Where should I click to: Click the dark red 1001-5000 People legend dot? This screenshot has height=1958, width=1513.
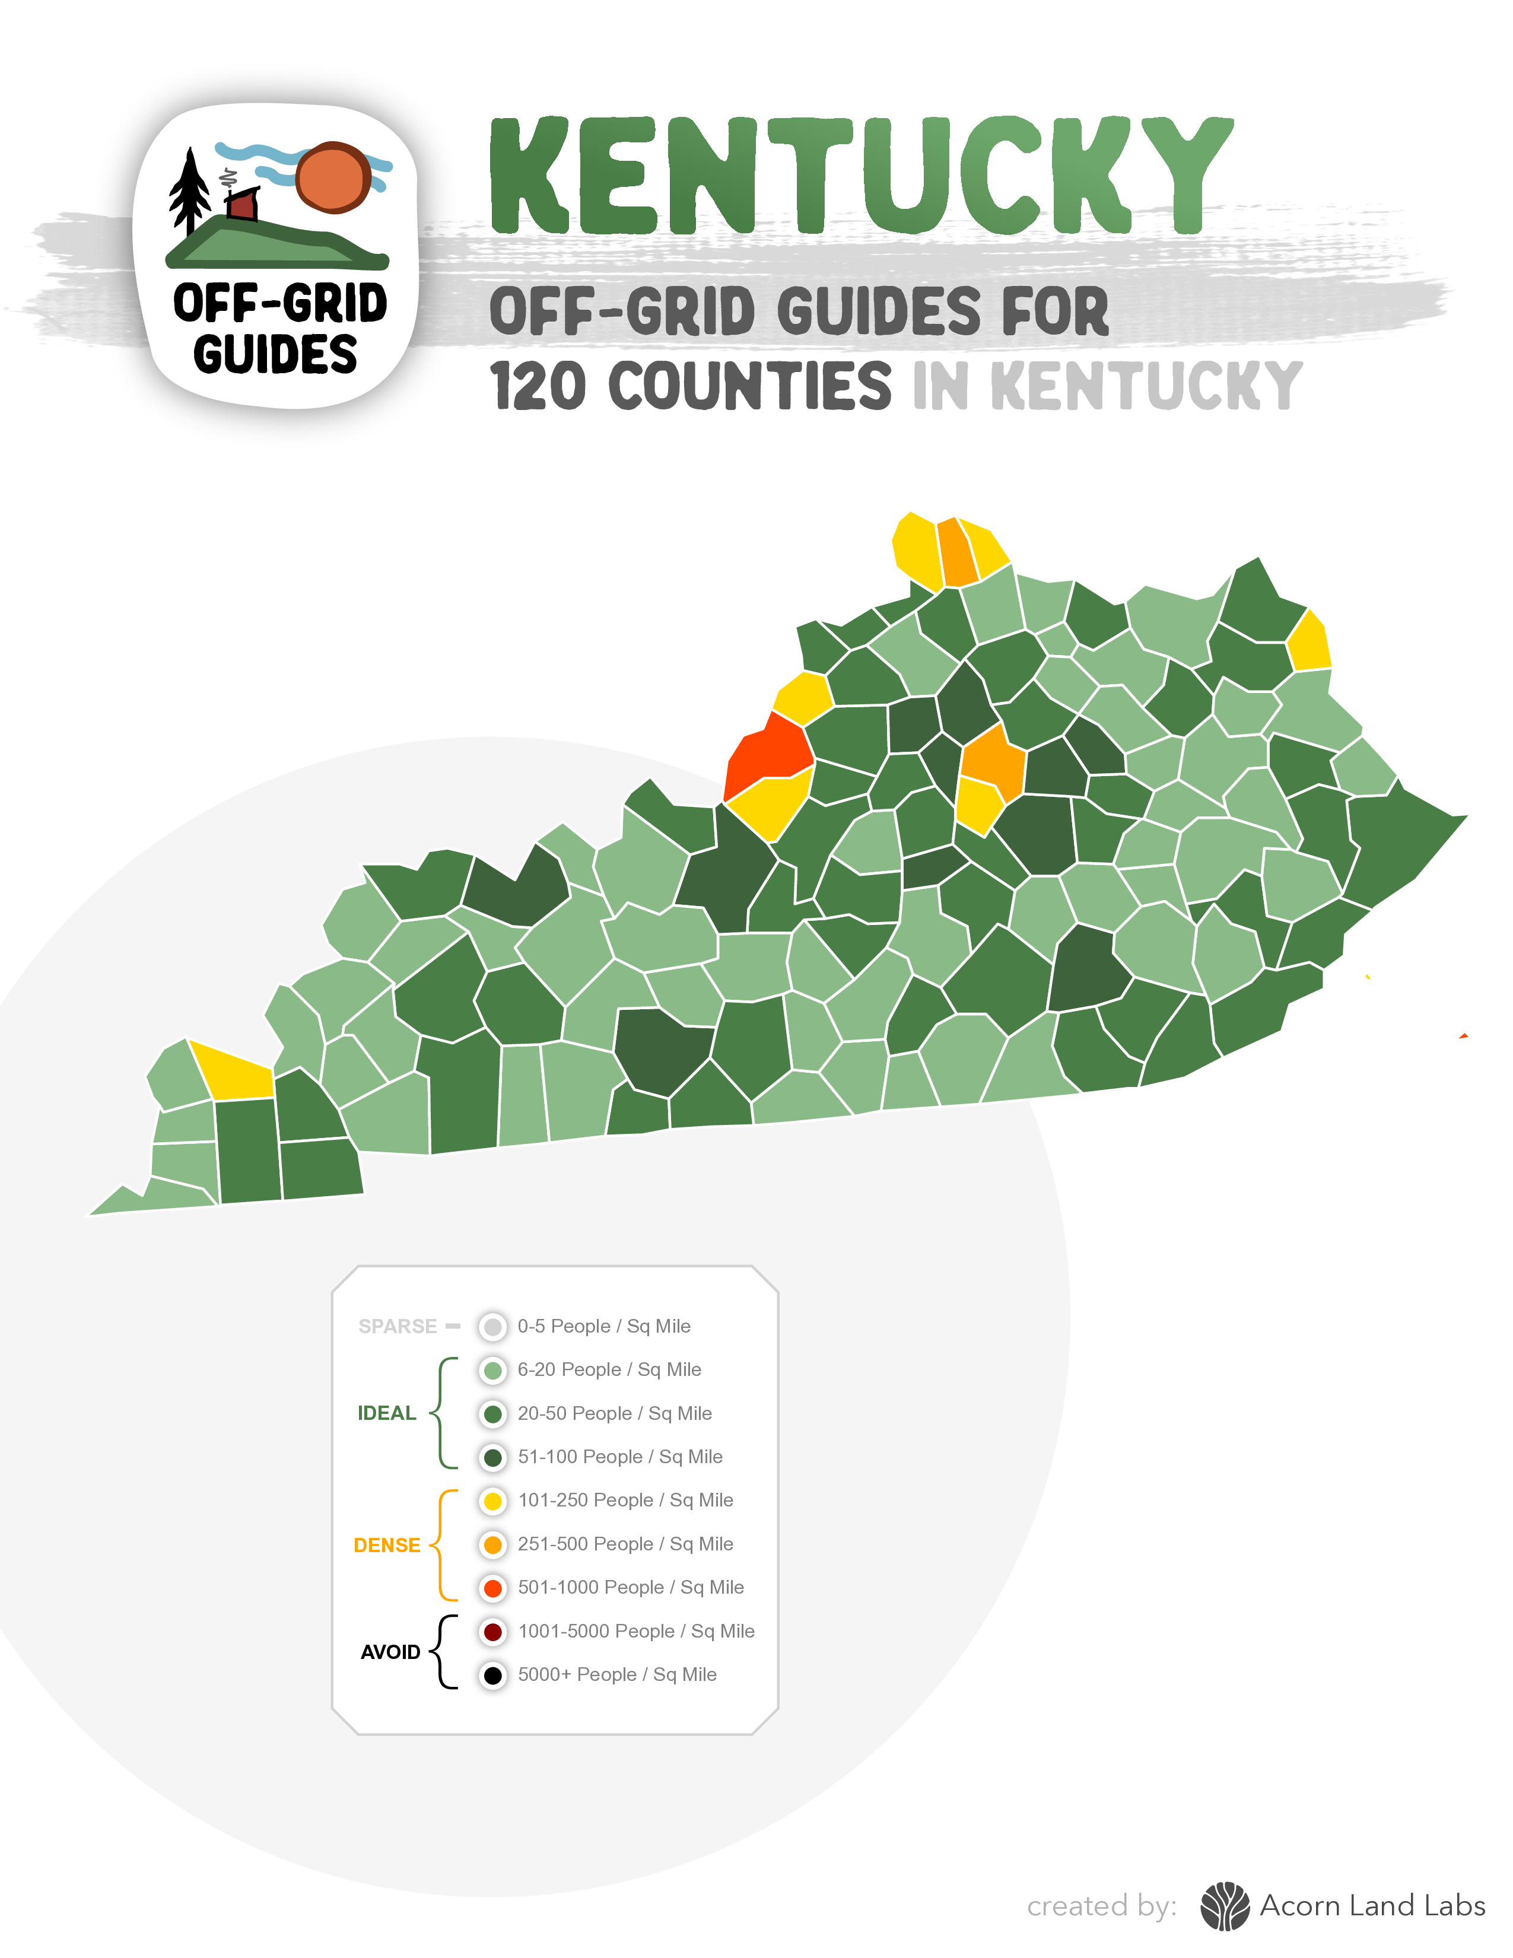[492, 1630]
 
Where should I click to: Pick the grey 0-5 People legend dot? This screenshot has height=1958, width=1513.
[492, 1326]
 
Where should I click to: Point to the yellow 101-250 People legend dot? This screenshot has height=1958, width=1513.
[492, 1500]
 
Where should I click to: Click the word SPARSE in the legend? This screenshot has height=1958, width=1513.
[397, 1326]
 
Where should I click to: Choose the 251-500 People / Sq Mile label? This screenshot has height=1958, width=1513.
[625, 1544]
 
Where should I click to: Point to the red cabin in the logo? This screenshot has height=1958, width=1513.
[242, 205]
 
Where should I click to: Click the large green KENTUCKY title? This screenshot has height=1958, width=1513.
[860, 177]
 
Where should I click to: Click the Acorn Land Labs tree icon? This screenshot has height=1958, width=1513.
[1225, 1906]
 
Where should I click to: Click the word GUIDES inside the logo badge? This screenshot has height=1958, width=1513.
[275, 354]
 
